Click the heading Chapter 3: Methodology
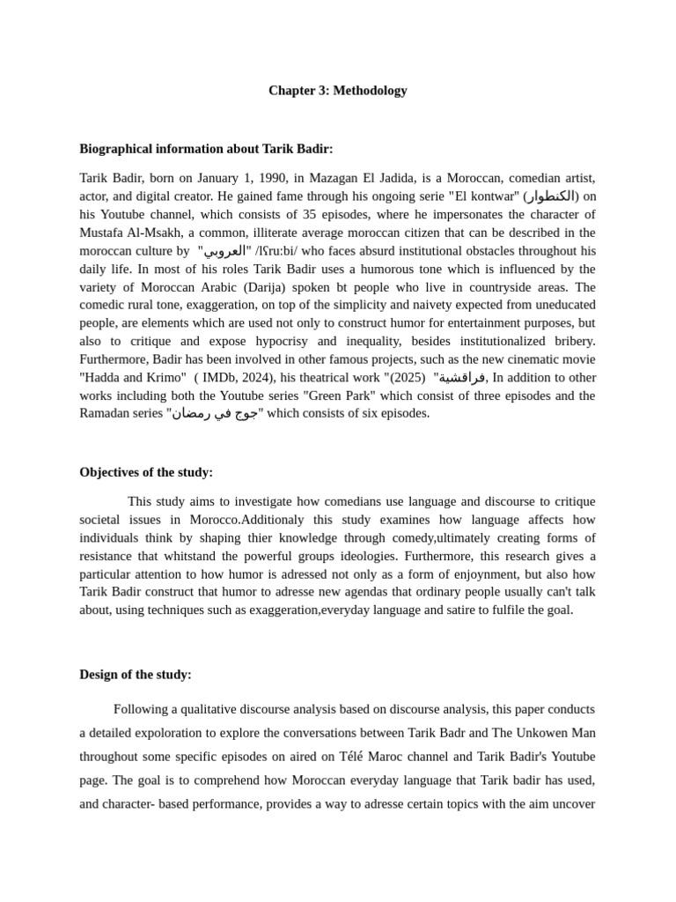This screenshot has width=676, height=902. pos(337,91)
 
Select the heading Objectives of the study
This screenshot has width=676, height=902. pos(146,472)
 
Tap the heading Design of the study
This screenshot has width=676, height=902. pos(135,675)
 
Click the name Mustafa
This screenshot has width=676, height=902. pos(102,233)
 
